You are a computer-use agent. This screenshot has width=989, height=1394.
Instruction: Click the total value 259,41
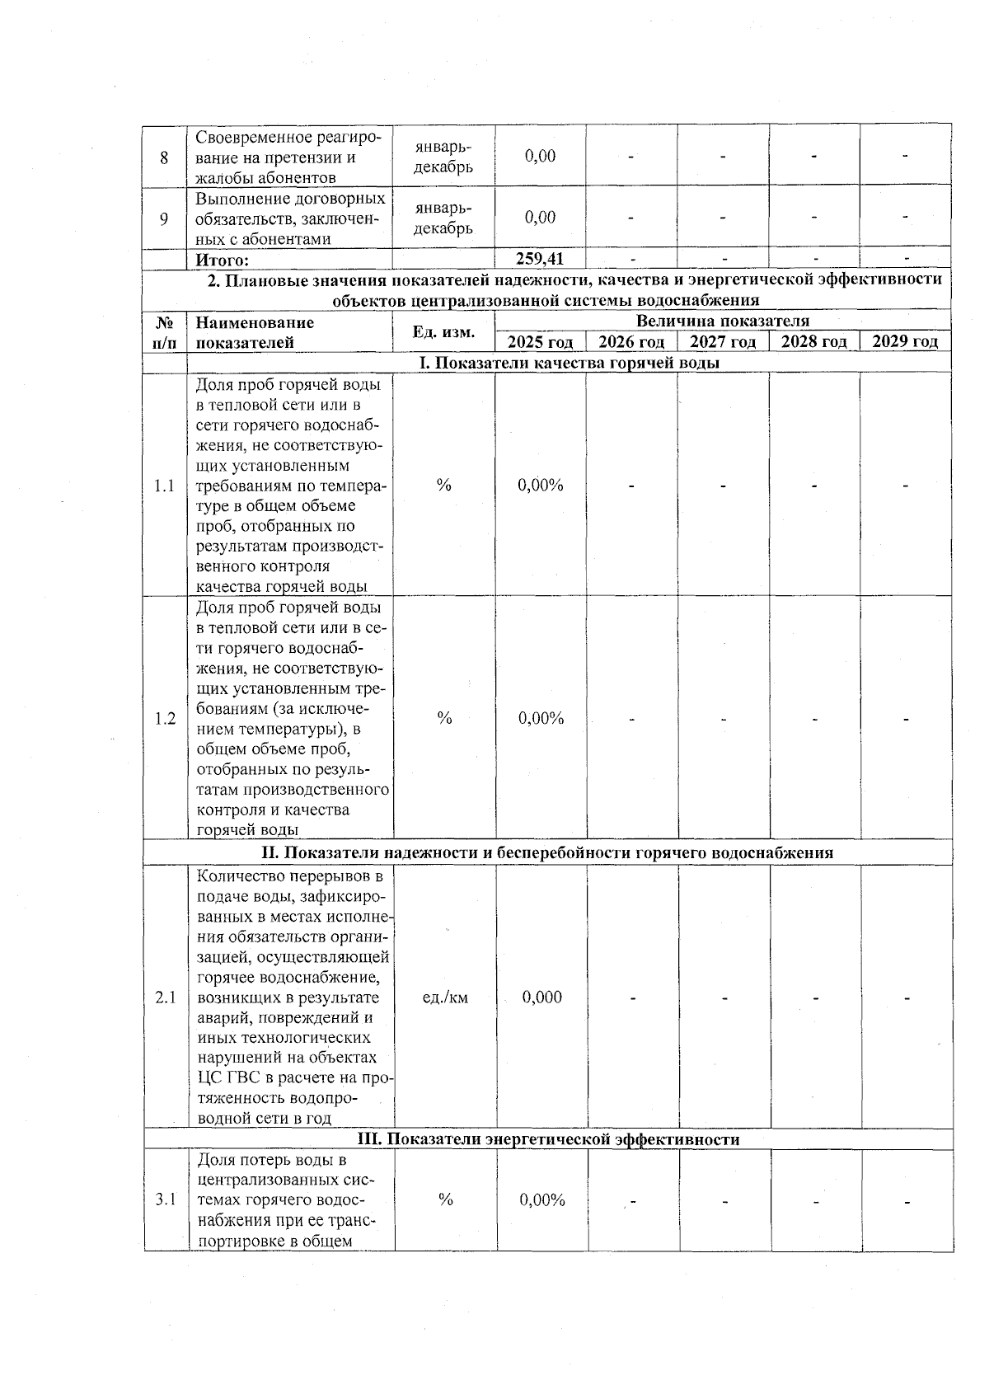(x=540, y=259)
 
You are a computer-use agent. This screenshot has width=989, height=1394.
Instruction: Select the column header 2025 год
(x=540, y=342)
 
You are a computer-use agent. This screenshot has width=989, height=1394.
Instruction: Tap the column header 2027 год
(x=723, y=342)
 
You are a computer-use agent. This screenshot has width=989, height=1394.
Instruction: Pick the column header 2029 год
(x=905, y=341)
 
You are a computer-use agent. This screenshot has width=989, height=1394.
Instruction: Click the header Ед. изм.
(x=443, y=332)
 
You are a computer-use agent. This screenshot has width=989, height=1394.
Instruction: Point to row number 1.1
(x=164, y=486)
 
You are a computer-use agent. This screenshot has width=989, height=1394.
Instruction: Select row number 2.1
(x=165, y=997)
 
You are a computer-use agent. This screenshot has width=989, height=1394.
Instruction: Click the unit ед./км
(x=444, y=997)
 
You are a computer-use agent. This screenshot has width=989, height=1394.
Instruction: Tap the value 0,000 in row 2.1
(x=541, y=997)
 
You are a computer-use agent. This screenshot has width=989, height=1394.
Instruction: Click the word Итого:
(x=222, y=260)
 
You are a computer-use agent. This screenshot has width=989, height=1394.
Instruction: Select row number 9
(x=164, y=218)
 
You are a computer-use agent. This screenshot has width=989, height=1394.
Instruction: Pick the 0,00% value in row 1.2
(x=541, y=719)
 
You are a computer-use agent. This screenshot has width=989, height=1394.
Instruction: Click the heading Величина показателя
(x=722, y=321)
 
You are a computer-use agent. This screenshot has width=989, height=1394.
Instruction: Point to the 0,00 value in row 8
(x=540, y=157)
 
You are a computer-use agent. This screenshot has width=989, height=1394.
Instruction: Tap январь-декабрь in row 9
(x=443, y=218)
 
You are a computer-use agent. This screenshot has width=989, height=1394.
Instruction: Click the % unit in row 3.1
(x=445, y=1200)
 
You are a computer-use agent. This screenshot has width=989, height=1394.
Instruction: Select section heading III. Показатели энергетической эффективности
(x=548, y=1139)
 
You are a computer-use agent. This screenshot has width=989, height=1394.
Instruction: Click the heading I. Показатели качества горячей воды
(x=569, y=364)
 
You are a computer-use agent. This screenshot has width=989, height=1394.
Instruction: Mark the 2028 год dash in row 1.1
(x=813, y=486)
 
